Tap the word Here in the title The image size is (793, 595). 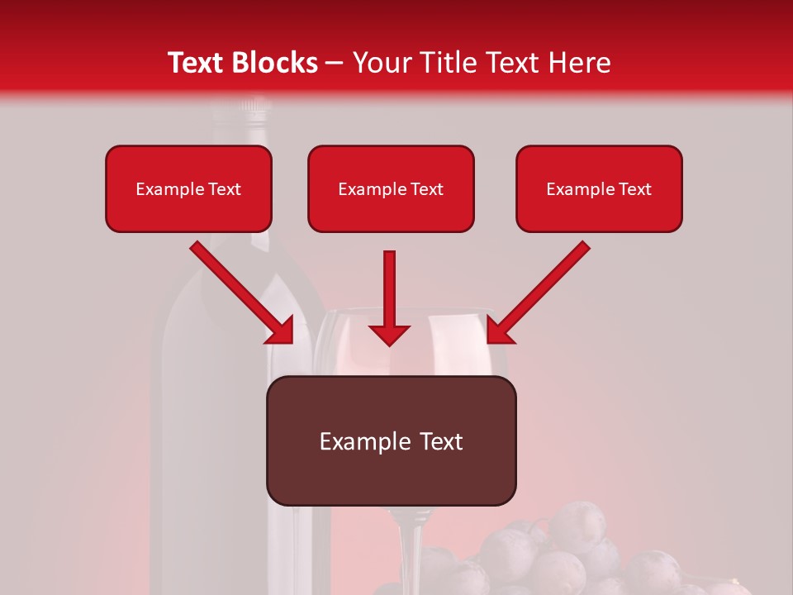(578, 63)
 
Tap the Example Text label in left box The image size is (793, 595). (188, 189)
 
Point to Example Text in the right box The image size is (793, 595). (599, 189)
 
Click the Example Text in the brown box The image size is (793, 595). (391, 441)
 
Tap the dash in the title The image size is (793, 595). (335, 63)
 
